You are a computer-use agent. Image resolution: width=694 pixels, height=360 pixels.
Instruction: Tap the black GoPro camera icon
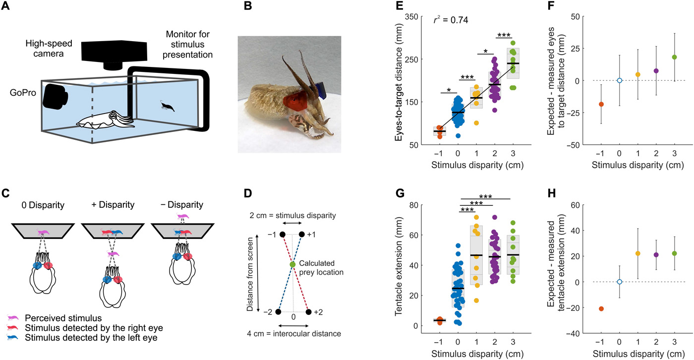click(x=55, y=96)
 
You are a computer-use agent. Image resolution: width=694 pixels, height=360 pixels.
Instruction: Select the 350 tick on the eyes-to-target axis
click(x=416, y=16)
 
